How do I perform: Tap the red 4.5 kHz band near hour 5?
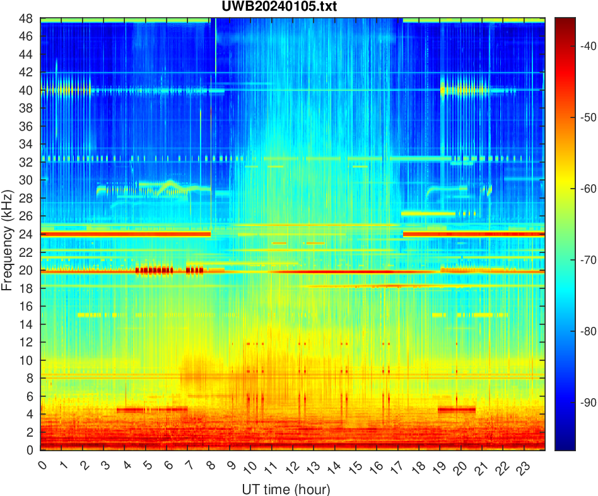coord(151,409)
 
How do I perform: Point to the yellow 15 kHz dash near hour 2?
coord(88,314)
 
